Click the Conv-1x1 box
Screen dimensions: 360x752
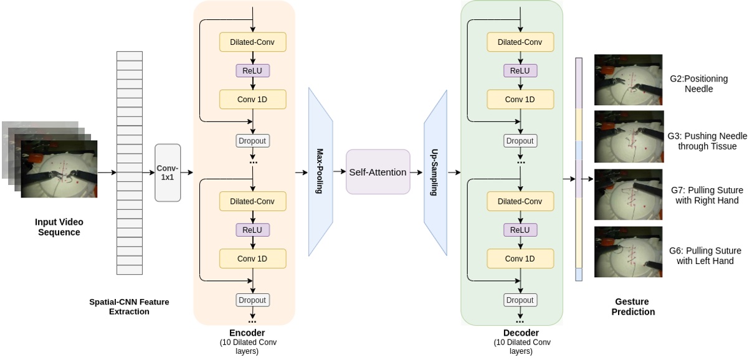click(168, 173)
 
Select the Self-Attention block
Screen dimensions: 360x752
click(378, 172)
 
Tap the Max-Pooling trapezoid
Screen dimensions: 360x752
click(320, 171)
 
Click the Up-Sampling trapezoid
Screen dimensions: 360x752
click(435, 173)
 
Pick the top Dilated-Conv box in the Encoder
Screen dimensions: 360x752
click(252, 42)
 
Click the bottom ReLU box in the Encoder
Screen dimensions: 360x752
click(252, 230)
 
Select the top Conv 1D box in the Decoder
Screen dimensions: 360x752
click(520, 100)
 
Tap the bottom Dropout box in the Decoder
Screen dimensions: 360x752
click(520, 300)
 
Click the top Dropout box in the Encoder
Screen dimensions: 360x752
click(252, 141)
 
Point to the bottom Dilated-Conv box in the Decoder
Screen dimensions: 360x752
click(520, 201)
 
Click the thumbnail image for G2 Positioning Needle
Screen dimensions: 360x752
click(628, 80)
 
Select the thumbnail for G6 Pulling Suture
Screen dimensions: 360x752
click(628, 252)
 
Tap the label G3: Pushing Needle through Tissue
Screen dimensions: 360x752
click(707, 141)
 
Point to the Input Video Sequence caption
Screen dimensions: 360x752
click(59, 227)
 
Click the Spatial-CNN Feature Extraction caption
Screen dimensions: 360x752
click(129, 306)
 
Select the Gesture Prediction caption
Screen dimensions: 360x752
click(632, 306)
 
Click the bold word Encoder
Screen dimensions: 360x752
click(247, 333)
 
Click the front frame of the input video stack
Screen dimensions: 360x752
click(59, 169)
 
